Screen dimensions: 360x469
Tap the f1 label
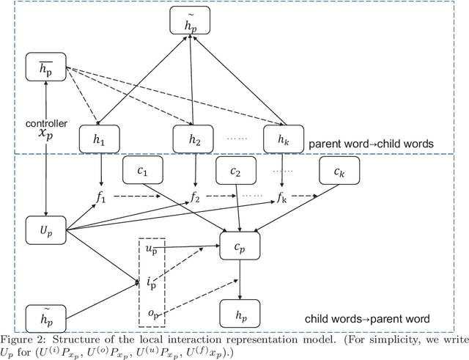click(101, 197)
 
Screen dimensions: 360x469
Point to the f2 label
click(196, 197)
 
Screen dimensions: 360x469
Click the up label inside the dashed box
click(151, 250)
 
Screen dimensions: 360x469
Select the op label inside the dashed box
click(151, 314)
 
